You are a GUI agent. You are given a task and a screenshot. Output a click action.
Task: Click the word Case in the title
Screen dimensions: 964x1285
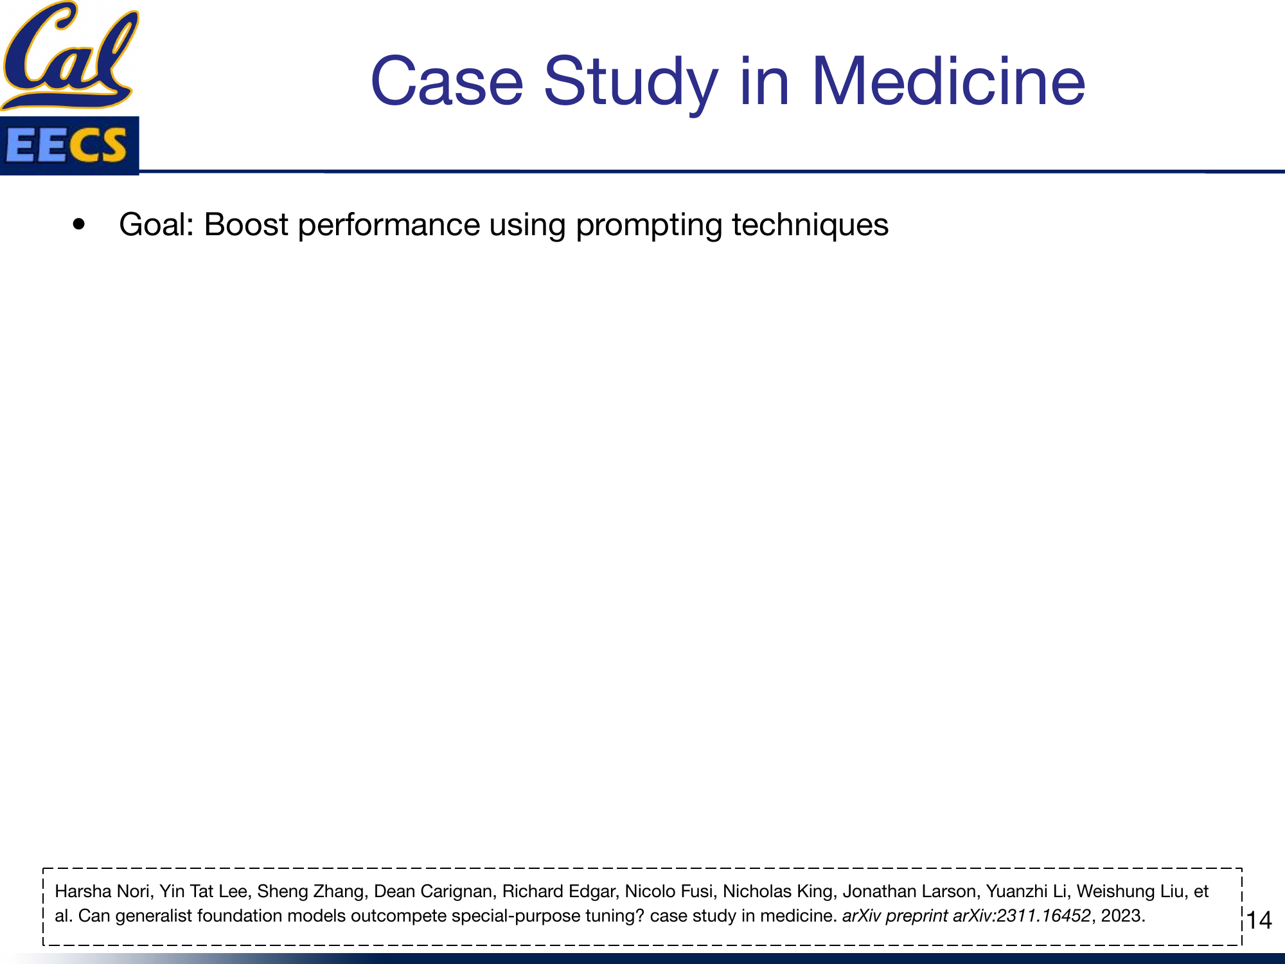pyautogui.click(x=447, y=82)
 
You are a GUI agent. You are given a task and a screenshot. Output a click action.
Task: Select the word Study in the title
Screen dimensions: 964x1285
pyautogui.click(x=630, y=82)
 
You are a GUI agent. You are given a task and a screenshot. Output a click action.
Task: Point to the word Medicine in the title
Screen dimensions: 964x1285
pyautogui.click(x=948, y=82)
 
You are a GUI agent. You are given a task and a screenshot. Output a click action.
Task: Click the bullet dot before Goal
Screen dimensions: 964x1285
pyautogui.click(x=79, y=225)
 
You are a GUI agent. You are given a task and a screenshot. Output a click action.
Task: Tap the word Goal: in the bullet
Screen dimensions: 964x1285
pyautogui.click(x=157, y=225)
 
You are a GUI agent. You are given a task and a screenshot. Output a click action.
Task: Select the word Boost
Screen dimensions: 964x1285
pyautogui.click(x=246, y=225)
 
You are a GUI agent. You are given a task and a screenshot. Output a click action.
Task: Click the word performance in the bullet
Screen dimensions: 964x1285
pyautogui.click(x=388, y=225)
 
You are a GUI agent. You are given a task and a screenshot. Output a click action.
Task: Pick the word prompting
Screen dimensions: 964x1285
pyautogui.click(x=648, y=225)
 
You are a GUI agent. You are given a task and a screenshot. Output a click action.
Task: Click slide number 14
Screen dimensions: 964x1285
pyautogui.click(x=1259, y=920)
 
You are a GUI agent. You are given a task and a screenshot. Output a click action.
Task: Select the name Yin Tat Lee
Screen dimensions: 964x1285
pyautogui.click(x=203, y=891)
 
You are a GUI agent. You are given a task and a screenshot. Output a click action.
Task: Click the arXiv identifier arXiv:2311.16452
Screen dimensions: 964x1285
pyautogui.click(x=1022, y=916)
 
